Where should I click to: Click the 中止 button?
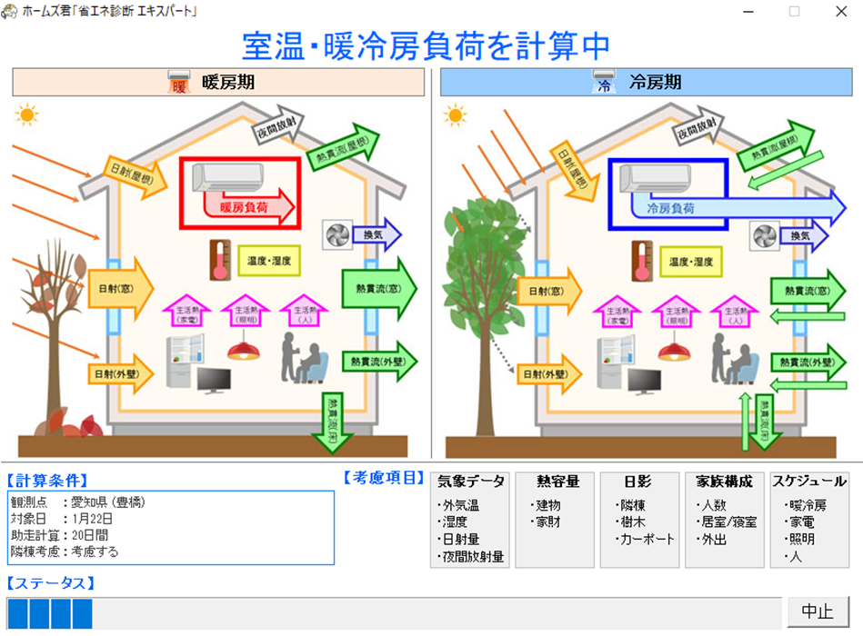coord(818,611)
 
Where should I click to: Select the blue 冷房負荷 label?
coord(671,208)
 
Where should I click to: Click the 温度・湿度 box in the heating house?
coord(268,261)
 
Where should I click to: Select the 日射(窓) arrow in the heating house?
coord(119,288)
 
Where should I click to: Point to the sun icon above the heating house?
coord(26,115)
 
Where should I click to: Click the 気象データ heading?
coord(470,482)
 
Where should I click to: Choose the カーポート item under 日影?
coord(644,539)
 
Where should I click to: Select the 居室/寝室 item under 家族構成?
coord(726,522)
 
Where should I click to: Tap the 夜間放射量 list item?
coord(470,556)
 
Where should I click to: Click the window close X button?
coord(840,12)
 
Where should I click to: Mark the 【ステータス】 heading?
coord(51,582)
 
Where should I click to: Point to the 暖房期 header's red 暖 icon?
coord(179,84)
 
